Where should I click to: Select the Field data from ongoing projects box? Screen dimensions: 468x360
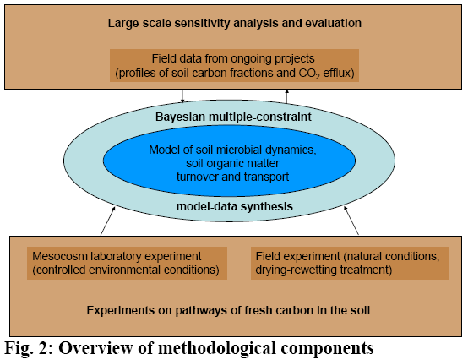coord(234,65)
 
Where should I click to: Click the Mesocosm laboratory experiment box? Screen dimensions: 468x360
coord(127,263)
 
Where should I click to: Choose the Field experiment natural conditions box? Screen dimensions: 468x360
coord(350,263)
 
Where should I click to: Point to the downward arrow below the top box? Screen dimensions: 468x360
coord(182,95)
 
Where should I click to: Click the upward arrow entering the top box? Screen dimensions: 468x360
coord(287,96)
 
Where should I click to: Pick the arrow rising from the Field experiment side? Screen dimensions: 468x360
coord(351,221)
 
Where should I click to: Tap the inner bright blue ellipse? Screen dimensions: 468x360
coord(229,161)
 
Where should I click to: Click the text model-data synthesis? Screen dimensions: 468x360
coord(235,206)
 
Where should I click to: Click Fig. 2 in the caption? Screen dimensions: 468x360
coord(29,348)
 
